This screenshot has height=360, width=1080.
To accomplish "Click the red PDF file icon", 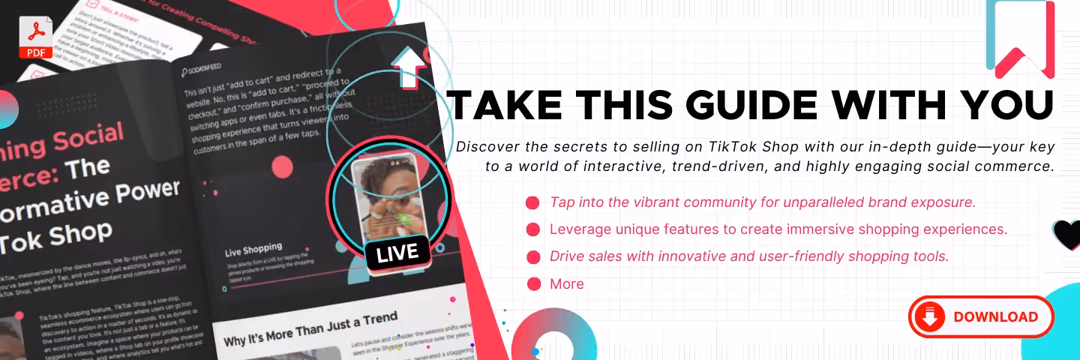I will (36, 37).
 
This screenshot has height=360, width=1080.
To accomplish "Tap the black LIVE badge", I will (397, 253).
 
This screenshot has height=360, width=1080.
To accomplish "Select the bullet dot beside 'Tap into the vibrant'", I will (533, 202).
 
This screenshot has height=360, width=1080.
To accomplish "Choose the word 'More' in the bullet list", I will (566, 283).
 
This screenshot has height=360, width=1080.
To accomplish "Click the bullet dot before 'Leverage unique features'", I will (533, 229).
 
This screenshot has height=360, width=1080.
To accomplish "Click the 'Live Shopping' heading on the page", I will (253, 248).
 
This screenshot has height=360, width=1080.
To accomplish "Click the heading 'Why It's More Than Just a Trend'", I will (310, 329).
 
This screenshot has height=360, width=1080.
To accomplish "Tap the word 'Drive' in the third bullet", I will (566, 256).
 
